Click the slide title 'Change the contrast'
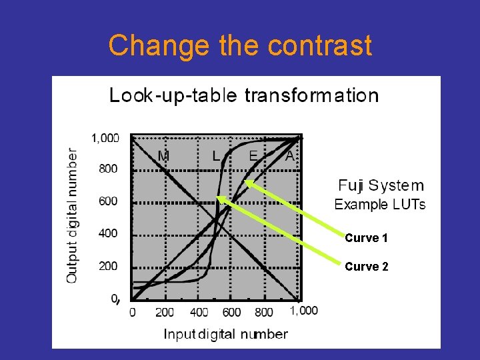[240, 45]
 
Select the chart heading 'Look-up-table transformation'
[244, 95]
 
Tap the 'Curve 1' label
[367, 238]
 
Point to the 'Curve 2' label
[367, 267]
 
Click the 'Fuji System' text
[381, 185]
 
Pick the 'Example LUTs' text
[380, 204]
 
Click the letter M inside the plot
[163, 156]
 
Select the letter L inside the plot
[215, 156]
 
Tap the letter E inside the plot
[253, 156]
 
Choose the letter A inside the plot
[289, 156]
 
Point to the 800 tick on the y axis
[109, 169]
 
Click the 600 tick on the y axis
[109, 201]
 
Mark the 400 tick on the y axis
[109, 233]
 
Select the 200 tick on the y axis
[109, 266]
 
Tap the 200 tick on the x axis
[164, 312]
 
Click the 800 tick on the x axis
[264, 312]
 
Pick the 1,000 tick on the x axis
[304, 311]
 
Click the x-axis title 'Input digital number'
[226, 334]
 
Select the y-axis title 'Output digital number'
[72, 214]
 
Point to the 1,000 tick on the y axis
[105, 138]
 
